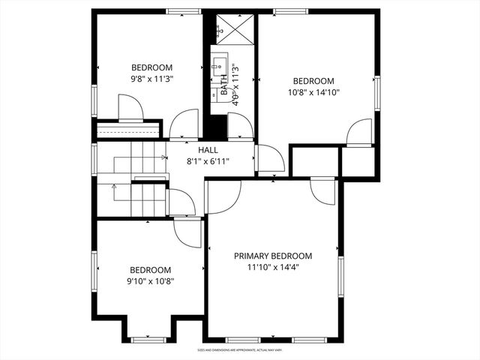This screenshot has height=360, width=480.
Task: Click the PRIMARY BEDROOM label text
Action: pos(273,256)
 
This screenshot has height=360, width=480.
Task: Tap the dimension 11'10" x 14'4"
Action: pos(273,267)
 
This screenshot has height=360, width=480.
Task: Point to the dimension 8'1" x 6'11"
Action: pos(208,161)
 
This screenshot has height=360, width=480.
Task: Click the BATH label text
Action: pos(223,83)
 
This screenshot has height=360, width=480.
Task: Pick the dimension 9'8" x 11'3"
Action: pos(152,78)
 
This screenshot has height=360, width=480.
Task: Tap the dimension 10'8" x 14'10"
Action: pos(313,93)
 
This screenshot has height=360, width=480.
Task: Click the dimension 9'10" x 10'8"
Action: pos(150,281)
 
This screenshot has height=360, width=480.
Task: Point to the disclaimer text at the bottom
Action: pos(239,349)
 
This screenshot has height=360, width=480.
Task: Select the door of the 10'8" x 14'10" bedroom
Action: pos(358,132)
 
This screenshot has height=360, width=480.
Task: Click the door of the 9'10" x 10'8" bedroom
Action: pos(187,232)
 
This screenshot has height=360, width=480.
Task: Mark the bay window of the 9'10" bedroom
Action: pos(148,340)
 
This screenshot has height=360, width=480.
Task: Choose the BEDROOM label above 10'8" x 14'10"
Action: pos(313,82)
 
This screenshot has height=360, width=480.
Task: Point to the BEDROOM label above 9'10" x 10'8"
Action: pos(150,270)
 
